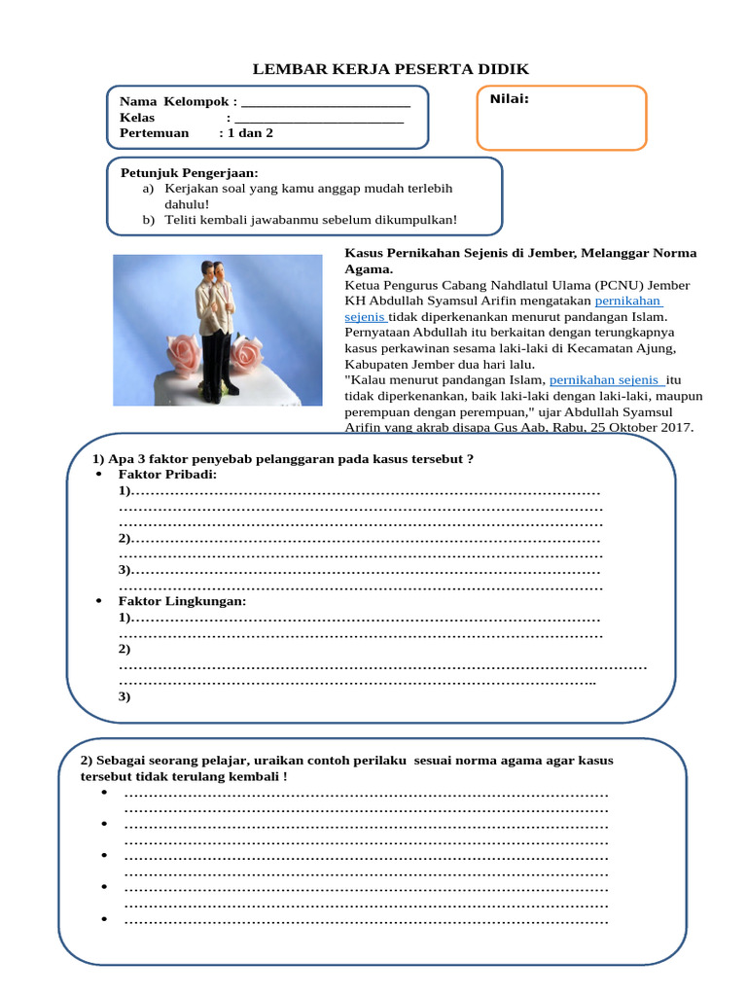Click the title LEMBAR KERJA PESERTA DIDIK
[391, 69]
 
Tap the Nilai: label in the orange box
[509, 98]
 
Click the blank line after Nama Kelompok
[325, 103]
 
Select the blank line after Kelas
[318, 119]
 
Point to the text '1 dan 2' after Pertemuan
[250, 133]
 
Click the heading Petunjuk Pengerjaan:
[190, 172]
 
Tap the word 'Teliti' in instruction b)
[183, 220]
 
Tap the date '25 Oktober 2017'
[641, 427]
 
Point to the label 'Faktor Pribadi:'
[167, 474]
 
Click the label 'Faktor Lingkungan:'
[183, 601]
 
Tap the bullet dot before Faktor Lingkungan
[100, 601]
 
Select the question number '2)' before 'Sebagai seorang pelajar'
[87, 760]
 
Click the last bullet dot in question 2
[103, 919]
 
